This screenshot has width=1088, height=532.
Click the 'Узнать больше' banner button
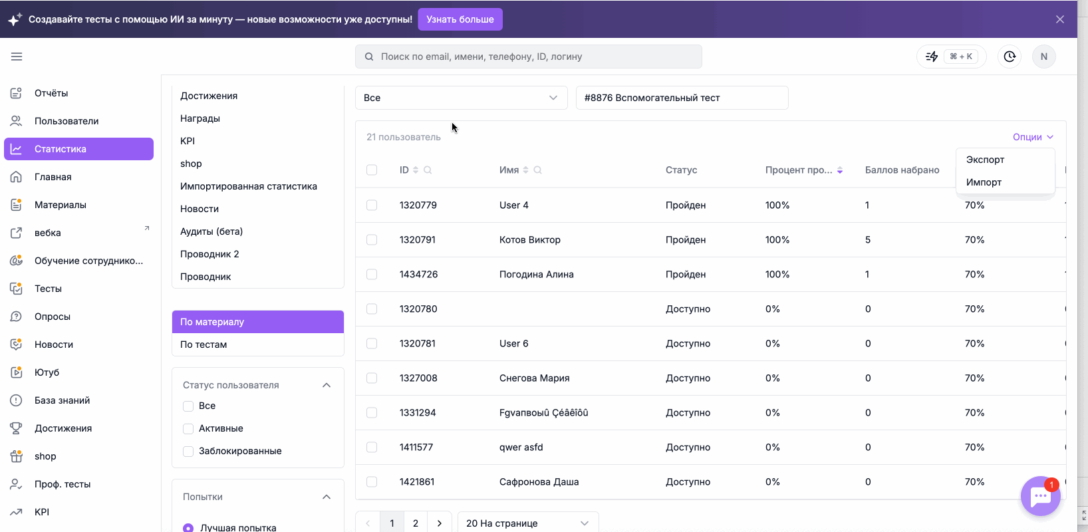(460, 19)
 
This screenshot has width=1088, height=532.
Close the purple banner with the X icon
(1060, 19)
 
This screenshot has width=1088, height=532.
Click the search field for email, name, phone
(529, 57)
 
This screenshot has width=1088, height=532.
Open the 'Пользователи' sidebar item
(67, 121)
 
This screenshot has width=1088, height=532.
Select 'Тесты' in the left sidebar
(48, 289)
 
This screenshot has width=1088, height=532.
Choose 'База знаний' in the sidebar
(62, 400)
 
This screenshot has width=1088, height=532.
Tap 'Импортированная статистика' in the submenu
(249, 186)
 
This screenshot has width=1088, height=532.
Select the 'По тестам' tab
(204, 344)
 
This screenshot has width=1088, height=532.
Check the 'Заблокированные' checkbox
(188, 452)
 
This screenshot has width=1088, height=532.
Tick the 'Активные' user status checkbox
(188, 428)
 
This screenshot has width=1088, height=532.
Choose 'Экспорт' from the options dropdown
(985, 160)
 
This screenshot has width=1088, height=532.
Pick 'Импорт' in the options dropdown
(984, 182)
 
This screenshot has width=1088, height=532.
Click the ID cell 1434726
(419, 274)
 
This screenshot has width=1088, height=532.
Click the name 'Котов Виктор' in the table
(530, 239)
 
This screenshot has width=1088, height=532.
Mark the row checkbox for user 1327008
(372, 378)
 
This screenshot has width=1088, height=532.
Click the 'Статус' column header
(681, 170)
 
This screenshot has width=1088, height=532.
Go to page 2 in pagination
(415, 523)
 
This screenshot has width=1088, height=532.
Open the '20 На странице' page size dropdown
(528, 523)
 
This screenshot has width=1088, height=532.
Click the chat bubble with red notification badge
(1040, 496)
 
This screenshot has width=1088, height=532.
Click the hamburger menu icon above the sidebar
(17, 57)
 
